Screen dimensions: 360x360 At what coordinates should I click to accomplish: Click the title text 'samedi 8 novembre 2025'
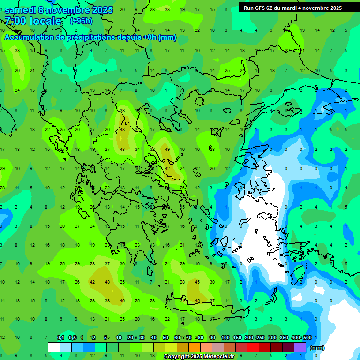(59, 9)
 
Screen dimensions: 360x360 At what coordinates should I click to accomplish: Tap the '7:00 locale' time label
(33, 21)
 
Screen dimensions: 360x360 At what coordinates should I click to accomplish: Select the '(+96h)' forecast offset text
(81, 21)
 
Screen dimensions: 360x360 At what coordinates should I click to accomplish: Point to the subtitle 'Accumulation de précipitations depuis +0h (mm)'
(90, 37)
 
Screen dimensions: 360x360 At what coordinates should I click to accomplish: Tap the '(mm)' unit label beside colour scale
(317, 348)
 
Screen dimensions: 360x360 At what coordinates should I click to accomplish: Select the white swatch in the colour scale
(54, 347)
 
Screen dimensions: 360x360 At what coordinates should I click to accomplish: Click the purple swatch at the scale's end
(300, 347)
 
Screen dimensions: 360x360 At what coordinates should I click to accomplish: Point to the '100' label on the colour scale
(225, 337)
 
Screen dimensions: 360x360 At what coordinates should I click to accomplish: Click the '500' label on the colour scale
(307, 337)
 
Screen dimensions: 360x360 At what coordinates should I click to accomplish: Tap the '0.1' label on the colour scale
(60, 337)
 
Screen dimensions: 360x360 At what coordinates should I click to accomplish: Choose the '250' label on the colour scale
(260, 337)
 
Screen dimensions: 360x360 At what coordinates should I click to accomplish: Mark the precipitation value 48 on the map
(107, 282)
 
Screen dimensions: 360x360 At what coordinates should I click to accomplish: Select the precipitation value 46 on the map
(122, 300)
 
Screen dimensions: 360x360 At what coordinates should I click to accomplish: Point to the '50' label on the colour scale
(165, 337)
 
